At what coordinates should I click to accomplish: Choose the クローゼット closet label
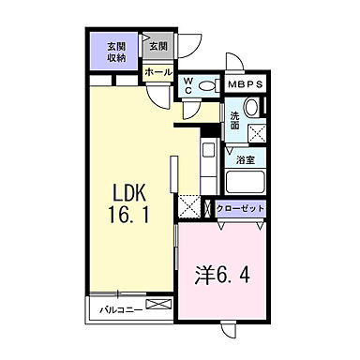click(x=241, y=208)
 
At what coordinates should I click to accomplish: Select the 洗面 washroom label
click(x=235, y=119)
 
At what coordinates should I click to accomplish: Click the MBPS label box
click(x=246, y=82)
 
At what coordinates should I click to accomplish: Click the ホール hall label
click(x=157, y=72)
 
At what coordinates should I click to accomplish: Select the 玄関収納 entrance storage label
click(x=116, y=52)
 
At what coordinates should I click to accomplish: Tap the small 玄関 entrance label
click(x=157, y=46)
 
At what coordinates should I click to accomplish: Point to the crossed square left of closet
click(x=190, y=207)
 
